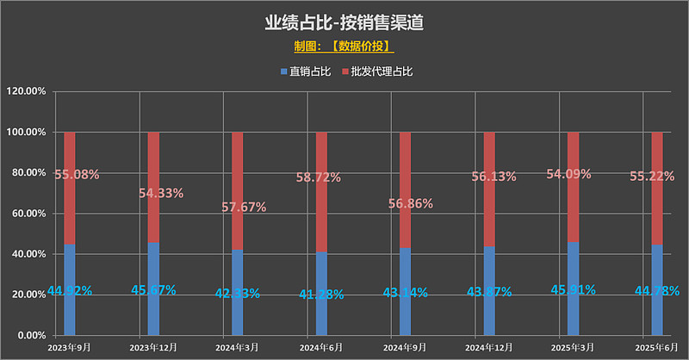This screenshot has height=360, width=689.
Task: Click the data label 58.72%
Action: [x=321, y=177]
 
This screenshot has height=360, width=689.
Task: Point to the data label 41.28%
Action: [x=321, y=295]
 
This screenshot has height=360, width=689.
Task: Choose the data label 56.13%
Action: [x=489, y=177]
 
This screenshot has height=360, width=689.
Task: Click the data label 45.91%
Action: [x=573, y=289]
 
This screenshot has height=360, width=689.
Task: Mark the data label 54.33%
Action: [x=160, y=193]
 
